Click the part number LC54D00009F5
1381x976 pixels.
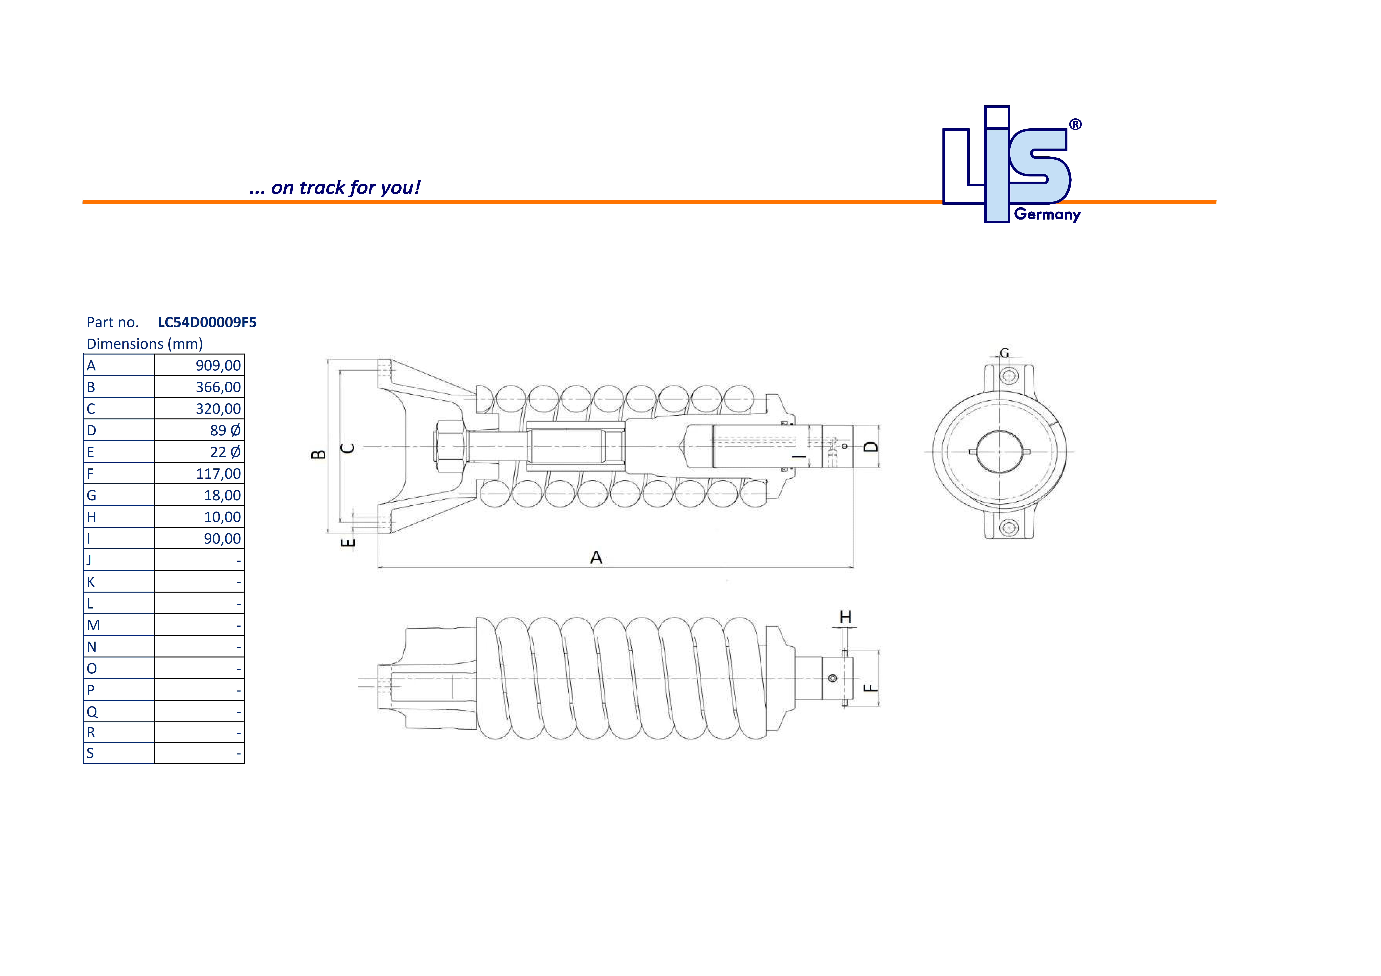(207, 322)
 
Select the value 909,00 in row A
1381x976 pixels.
(218, 366)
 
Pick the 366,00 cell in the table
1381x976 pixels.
(218, 387)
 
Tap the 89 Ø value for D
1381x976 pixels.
(225, 431)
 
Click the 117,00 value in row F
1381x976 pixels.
(218, 474)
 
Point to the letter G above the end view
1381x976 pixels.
(1004, 353)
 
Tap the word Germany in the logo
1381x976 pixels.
(1047, 215)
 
